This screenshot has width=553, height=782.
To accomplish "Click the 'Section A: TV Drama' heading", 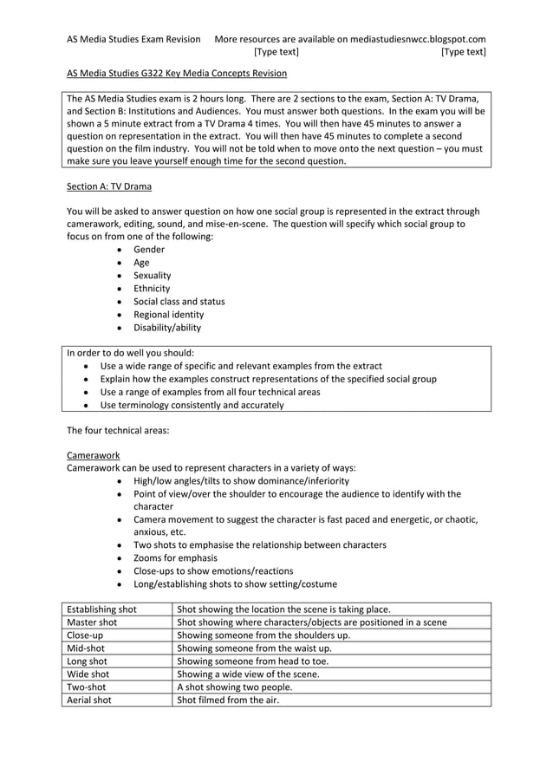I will point(109,186).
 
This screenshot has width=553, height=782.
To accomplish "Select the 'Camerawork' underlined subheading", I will point(93,455).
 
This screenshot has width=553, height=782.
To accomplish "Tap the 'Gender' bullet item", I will point(149,250).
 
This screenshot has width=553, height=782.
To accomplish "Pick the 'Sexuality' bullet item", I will point(153,276).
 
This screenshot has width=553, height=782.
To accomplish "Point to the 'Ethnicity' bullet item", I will point(152,289).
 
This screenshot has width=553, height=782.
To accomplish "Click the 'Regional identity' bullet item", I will point(169,315).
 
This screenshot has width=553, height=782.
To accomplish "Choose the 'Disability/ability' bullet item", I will point(167,328).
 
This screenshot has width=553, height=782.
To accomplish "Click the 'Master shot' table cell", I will point(92,622).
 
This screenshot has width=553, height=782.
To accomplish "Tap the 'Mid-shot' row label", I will point(86,648).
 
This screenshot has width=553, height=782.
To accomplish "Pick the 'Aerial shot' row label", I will point(89,700).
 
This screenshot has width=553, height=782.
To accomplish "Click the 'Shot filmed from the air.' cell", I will point(228,700).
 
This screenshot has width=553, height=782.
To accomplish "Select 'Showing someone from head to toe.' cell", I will point(252,661).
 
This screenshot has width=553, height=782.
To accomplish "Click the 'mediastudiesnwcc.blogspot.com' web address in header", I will point(418,39).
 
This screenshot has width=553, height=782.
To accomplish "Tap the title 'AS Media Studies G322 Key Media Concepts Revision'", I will point(177,74).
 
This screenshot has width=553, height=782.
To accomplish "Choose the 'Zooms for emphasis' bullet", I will point(175,558).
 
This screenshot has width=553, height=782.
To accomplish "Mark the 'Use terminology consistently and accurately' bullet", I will point(192,405).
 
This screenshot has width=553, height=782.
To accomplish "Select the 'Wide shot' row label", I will point(88,674).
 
